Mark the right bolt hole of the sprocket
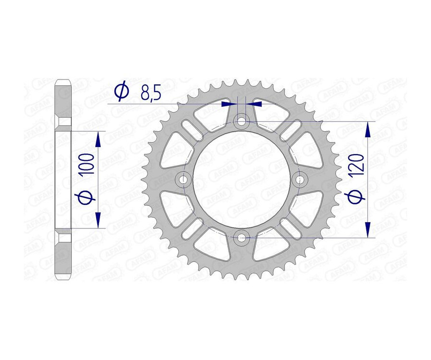300,180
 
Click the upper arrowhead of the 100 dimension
98,140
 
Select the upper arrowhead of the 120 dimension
368,130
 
